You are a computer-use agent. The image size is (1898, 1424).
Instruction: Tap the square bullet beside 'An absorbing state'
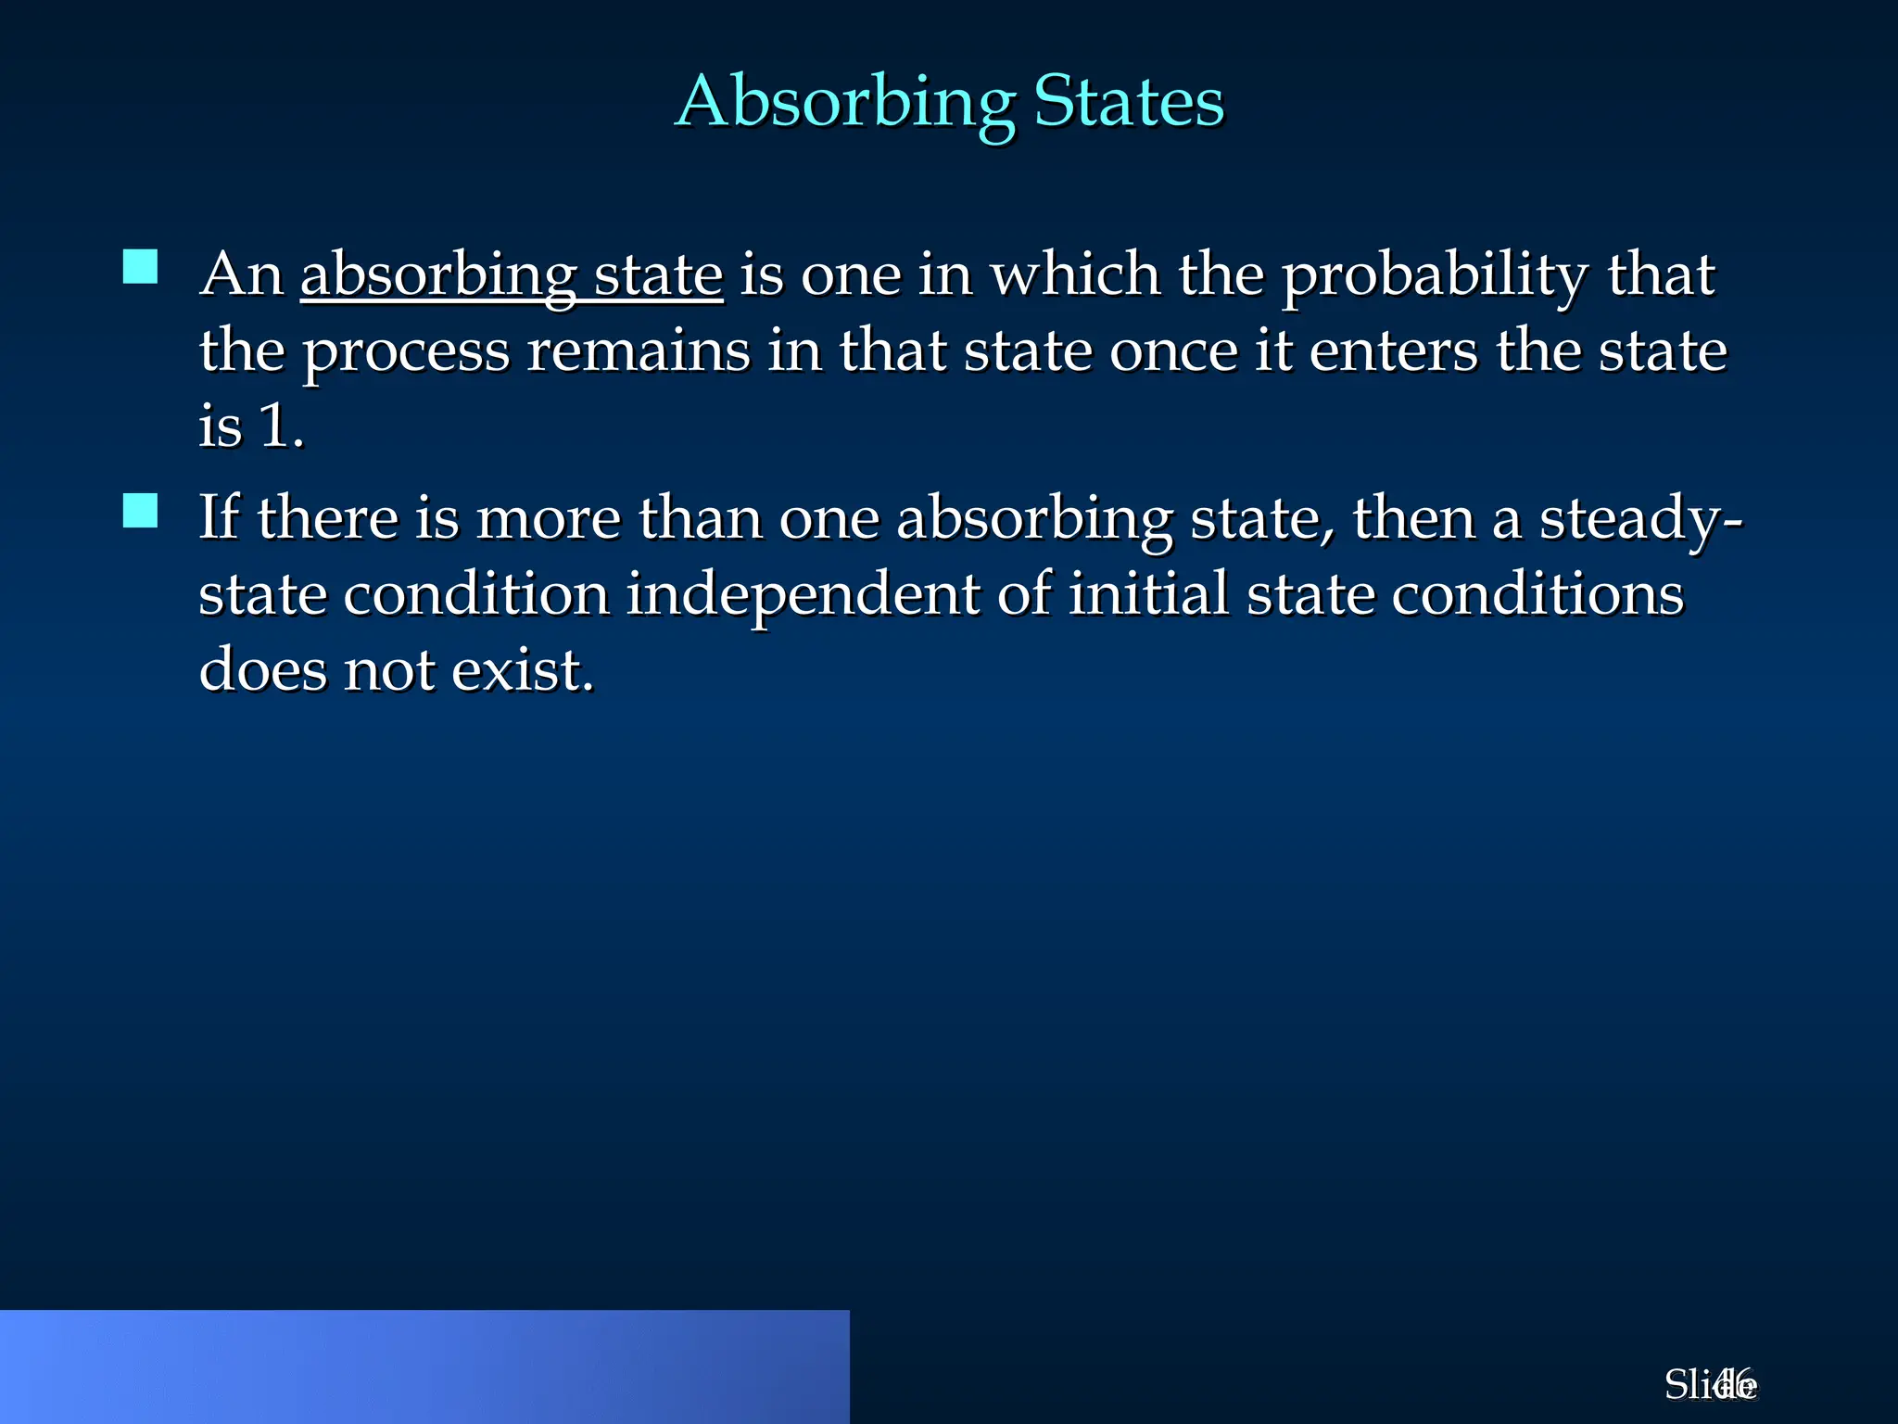(x=140, y=267)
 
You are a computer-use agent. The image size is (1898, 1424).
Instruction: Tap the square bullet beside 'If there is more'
(x=140, y=510)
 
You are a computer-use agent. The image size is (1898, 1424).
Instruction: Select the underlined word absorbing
(x=439, y=276)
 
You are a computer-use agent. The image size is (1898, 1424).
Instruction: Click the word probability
(x=1435, y=276)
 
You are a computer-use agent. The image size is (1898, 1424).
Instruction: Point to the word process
(x=406, y=352)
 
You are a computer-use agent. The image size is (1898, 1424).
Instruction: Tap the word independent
(x=803, y=595)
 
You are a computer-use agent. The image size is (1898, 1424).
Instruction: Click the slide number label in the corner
(x=1710, y=1385)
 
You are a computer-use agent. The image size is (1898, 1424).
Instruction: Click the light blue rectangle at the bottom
(x=424, y=1367)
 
